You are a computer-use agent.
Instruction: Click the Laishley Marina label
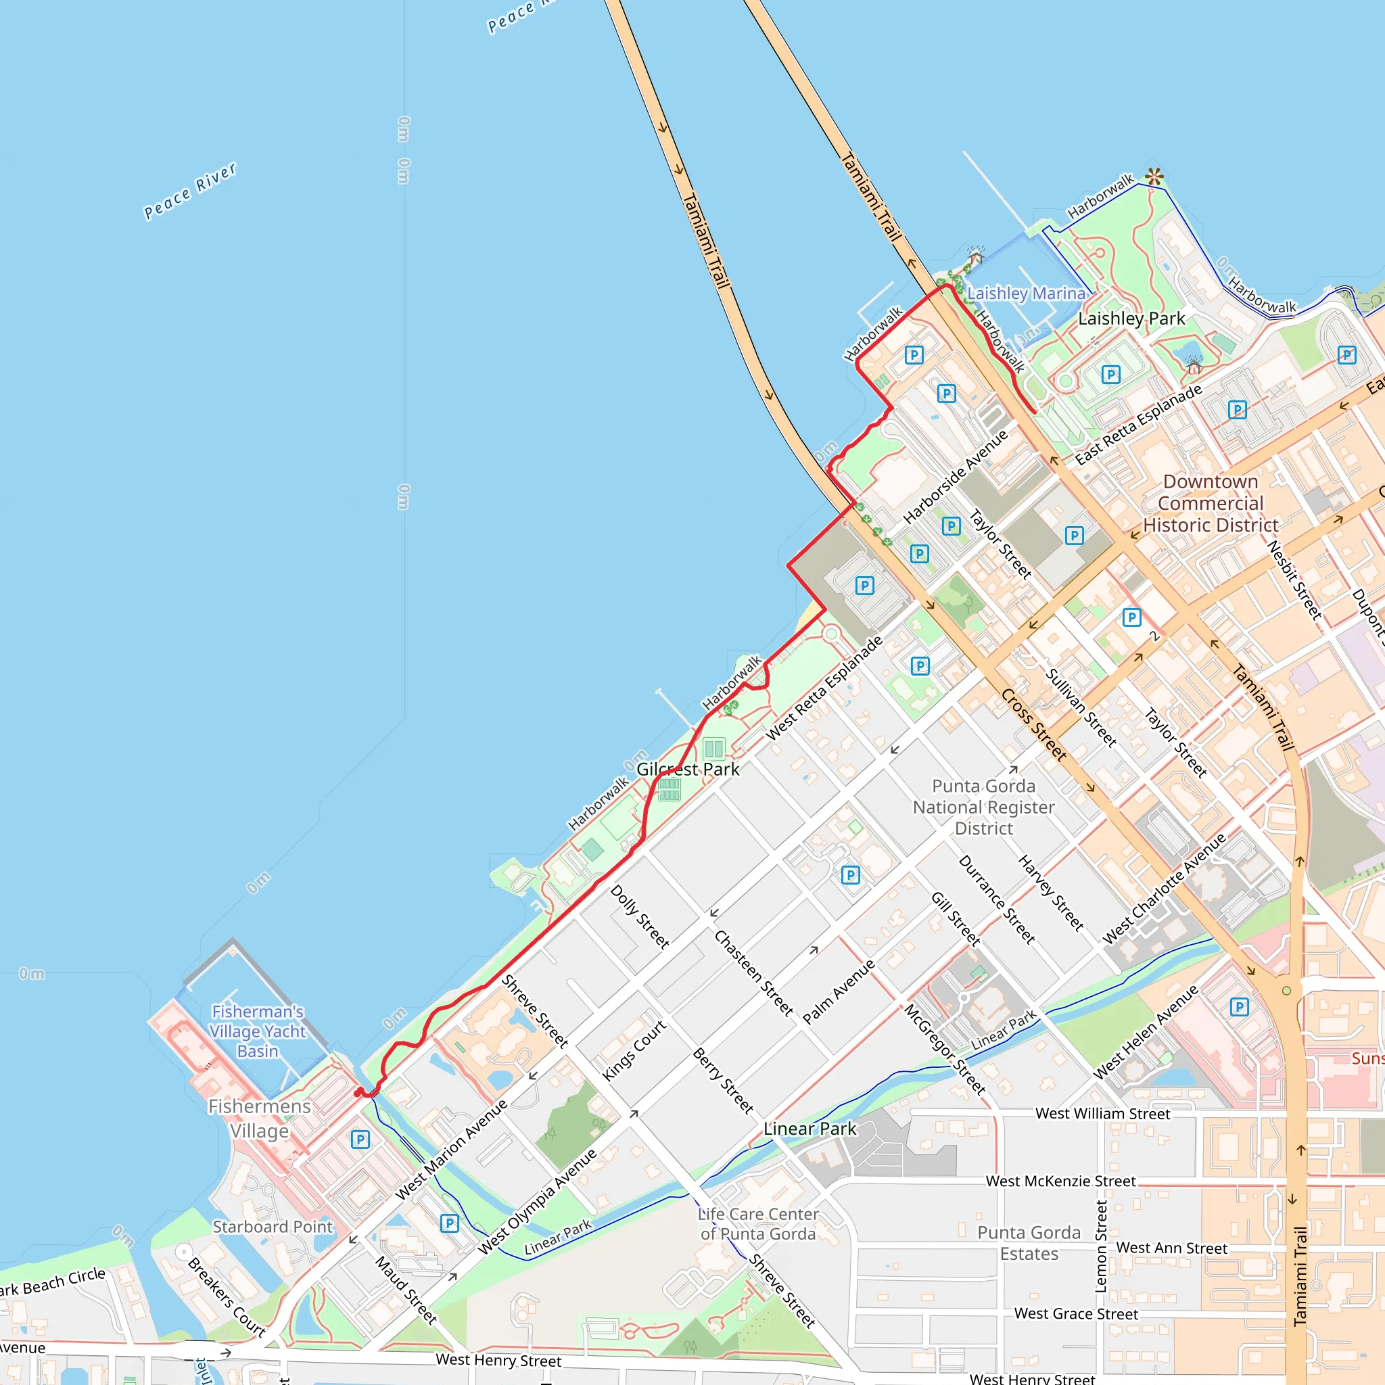[x=1026, y=294]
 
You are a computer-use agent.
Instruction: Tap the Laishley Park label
[x=1131, y=319]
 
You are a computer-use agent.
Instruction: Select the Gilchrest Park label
[x=688, y=769]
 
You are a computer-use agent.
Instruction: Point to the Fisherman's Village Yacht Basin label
[x=258, y=1031]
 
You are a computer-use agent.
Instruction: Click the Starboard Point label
[x=273, y=1227]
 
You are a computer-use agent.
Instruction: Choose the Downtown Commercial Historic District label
[x=1210, y=503]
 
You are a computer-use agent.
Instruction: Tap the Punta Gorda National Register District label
[x=983, y=807]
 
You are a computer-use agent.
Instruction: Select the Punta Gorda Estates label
[x=1029, y=1243]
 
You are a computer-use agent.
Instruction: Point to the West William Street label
[x=1102, y=1113]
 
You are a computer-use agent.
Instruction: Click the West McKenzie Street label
[x=1060, y=1181]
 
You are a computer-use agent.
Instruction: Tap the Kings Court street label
[x=634, y=1050]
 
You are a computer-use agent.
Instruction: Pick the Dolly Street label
[x=640, y=917]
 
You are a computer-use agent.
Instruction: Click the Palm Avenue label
[x=838, y=992]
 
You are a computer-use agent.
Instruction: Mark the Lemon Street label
[x=1102, y=1246]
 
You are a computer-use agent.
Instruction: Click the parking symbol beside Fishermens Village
[x=360, y=1139]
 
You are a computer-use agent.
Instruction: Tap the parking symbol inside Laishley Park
[x=1110, y=374]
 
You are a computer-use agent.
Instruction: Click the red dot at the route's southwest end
[x=358, y=1093]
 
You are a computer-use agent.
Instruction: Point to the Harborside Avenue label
[x=955, y=476]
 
